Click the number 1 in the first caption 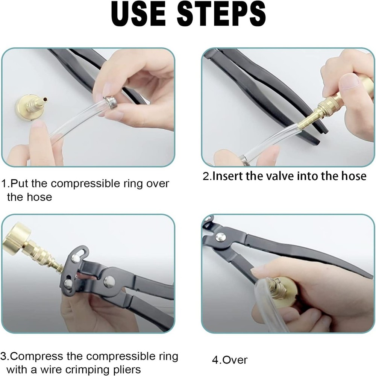[4, 184]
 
